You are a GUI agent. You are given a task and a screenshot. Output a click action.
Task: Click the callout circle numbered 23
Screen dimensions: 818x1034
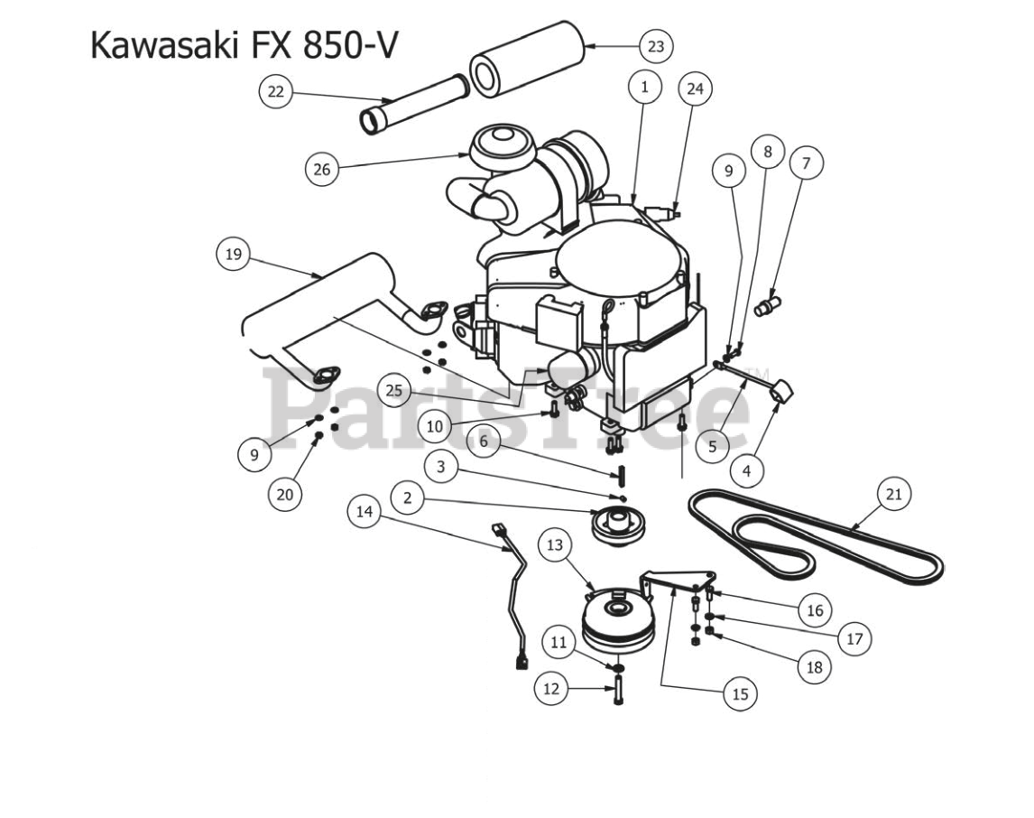click(x=656, y=46)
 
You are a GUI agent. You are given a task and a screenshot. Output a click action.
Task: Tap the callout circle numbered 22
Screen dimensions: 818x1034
click(x=276, y=91)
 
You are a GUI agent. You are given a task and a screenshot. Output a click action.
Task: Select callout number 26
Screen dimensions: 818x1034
click(x=322, y=169)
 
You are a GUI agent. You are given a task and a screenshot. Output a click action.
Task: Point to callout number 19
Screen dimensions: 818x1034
click(x=234, y=255)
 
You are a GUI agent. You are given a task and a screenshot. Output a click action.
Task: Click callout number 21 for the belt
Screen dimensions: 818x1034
click(x=894, y=493)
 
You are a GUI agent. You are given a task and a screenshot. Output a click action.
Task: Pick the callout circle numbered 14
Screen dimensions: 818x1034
click(x=365, y=511)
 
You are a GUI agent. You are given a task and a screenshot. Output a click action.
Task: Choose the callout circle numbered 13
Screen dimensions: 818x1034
click(x=555, y=544)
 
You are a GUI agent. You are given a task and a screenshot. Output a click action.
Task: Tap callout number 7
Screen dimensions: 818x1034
click(x=807, y=163)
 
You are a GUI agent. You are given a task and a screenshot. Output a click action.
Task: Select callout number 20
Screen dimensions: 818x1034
click(x=285, y=494)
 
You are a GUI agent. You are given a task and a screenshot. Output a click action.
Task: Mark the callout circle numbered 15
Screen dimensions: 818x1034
click(x=740, y=693)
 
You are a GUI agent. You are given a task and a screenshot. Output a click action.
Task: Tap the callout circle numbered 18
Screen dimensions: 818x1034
click(x=814, y=667)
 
